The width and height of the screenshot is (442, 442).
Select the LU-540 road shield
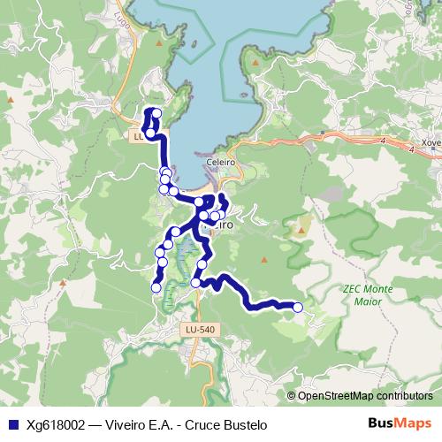coord(200,329)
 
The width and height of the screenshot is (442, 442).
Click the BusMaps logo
coord(400,423)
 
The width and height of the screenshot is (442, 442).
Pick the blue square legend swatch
coord(12,423)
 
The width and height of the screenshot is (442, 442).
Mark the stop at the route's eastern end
coord(298,307)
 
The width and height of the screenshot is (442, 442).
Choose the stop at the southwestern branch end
coord(156,287)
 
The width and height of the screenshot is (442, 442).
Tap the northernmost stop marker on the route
coord(156,112)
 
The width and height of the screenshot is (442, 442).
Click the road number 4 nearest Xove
coord(411,150)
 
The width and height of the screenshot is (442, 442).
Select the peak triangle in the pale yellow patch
coord(301,230)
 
